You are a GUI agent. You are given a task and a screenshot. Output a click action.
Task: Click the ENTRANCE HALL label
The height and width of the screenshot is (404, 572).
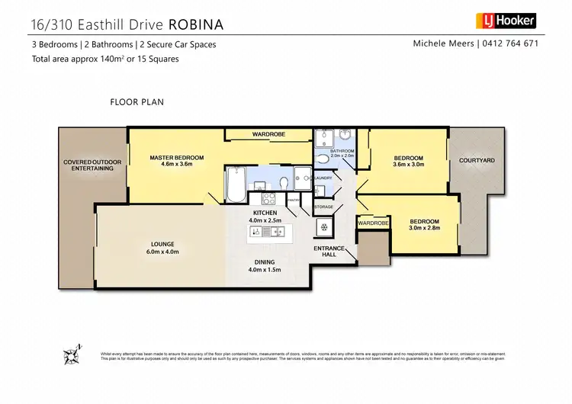pyautogui.click(x=329, y=252)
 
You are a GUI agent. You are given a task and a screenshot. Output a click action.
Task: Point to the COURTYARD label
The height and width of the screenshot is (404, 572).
pyautogui.click(x=477, y=161)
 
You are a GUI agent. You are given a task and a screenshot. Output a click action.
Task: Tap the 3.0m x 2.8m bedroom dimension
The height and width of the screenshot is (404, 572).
pyautogui.click(x=424, y=226)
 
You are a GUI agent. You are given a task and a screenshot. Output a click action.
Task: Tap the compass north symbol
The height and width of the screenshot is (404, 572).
pyautogui.click(x=73, y=354)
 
